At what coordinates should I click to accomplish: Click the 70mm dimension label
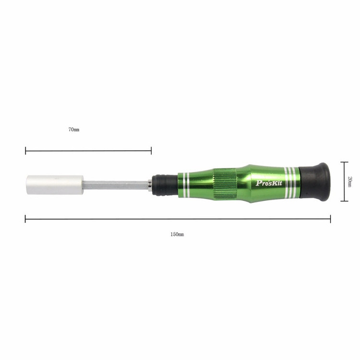[74, 130]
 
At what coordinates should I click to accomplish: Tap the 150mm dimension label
[177, 234]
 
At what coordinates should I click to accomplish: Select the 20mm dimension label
[349, 181]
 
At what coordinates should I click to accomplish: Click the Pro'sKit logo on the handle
[269, 183]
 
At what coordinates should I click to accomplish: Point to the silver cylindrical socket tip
[55, 185]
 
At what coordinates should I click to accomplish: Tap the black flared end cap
[315, 182]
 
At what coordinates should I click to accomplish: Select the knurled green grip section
[225, 183]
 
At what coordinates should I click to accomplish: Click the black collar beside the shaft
[165, 185]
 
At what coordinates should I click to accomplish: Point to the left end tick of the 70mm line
[25, 151]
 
